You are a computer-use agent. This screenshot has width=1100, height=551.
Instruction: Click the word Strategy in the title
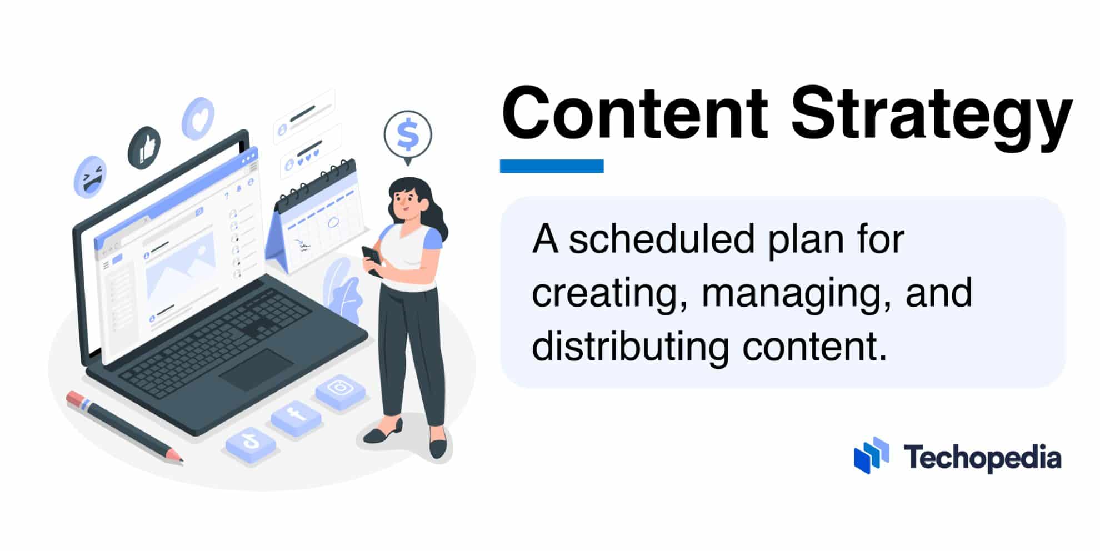931,119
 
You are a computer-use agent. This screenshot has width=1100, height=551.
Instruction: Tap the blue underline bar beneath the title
552,166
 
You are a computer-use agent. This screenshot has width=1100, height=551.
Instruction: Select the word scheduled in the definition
662,239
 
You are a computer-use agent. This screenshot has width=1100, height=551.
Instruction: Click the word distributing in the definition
630,347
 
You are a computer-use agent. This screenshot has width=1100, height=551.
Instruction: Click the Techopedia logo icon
871,455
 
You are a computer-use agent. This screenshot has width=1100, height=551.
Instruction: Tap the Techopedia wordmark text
982,458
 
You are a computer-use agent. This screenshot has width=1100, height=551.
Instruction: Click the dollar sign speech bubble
408,135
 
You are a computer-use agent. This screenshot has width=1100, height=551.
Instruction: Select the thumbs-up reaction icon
144,147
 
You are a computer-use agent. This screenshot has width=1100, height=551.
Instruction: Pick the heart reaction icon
198,118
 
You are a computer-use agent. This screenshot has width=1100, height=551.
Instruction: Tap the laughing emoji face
90,177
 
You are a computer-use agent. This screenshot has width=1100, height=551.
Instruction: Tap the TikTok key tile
251,444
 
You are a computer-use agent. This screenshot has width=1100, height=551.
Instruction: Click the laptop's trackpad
256,369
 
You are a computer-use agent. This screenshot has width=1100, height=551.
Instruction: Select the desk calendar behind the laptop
317,217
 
